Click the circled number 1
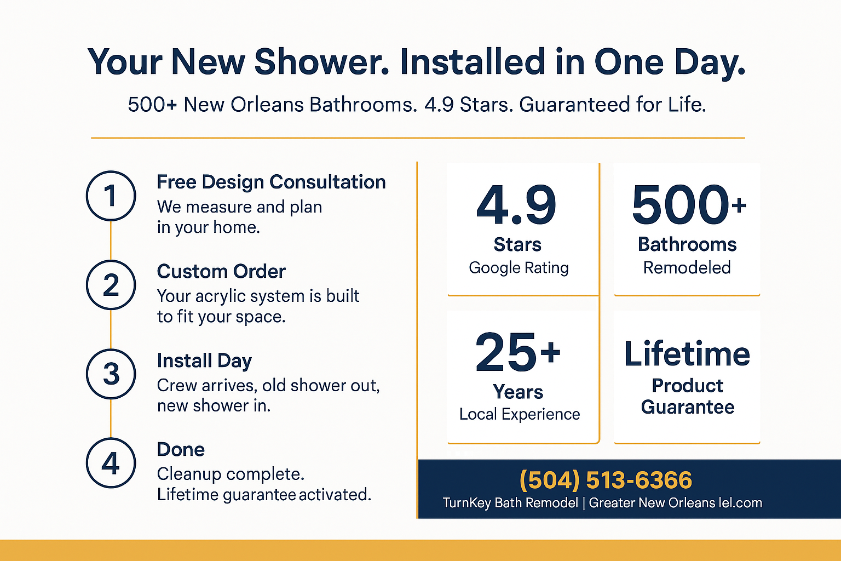[x=111, y=196]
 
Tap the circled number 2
[x=111, y=285]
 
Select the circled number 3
[x=111, y=374]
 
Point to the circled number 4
[x=111, y=463]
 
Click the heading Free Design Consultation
[x=271, y=182]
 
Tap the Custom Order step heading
[x=221, y=271]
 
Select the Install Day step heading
[x=204, y=361]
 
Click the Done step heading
[x=181, y=449]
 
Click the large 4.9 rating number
[x=516, y=205]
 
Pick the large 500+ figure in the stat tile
[x=689, y=205]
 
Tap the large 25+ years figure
[x=518, y=353]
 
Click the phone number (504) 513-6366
[x=606, y=480]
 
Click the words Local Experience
[x=520, y=415]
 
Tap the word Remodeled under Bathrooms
[x=687, y=268]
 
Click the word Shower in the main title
[x=322, y=62]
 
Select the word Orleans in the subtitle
[x=267, y=105]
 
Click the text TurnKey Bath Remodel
[x=511, y=503]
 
